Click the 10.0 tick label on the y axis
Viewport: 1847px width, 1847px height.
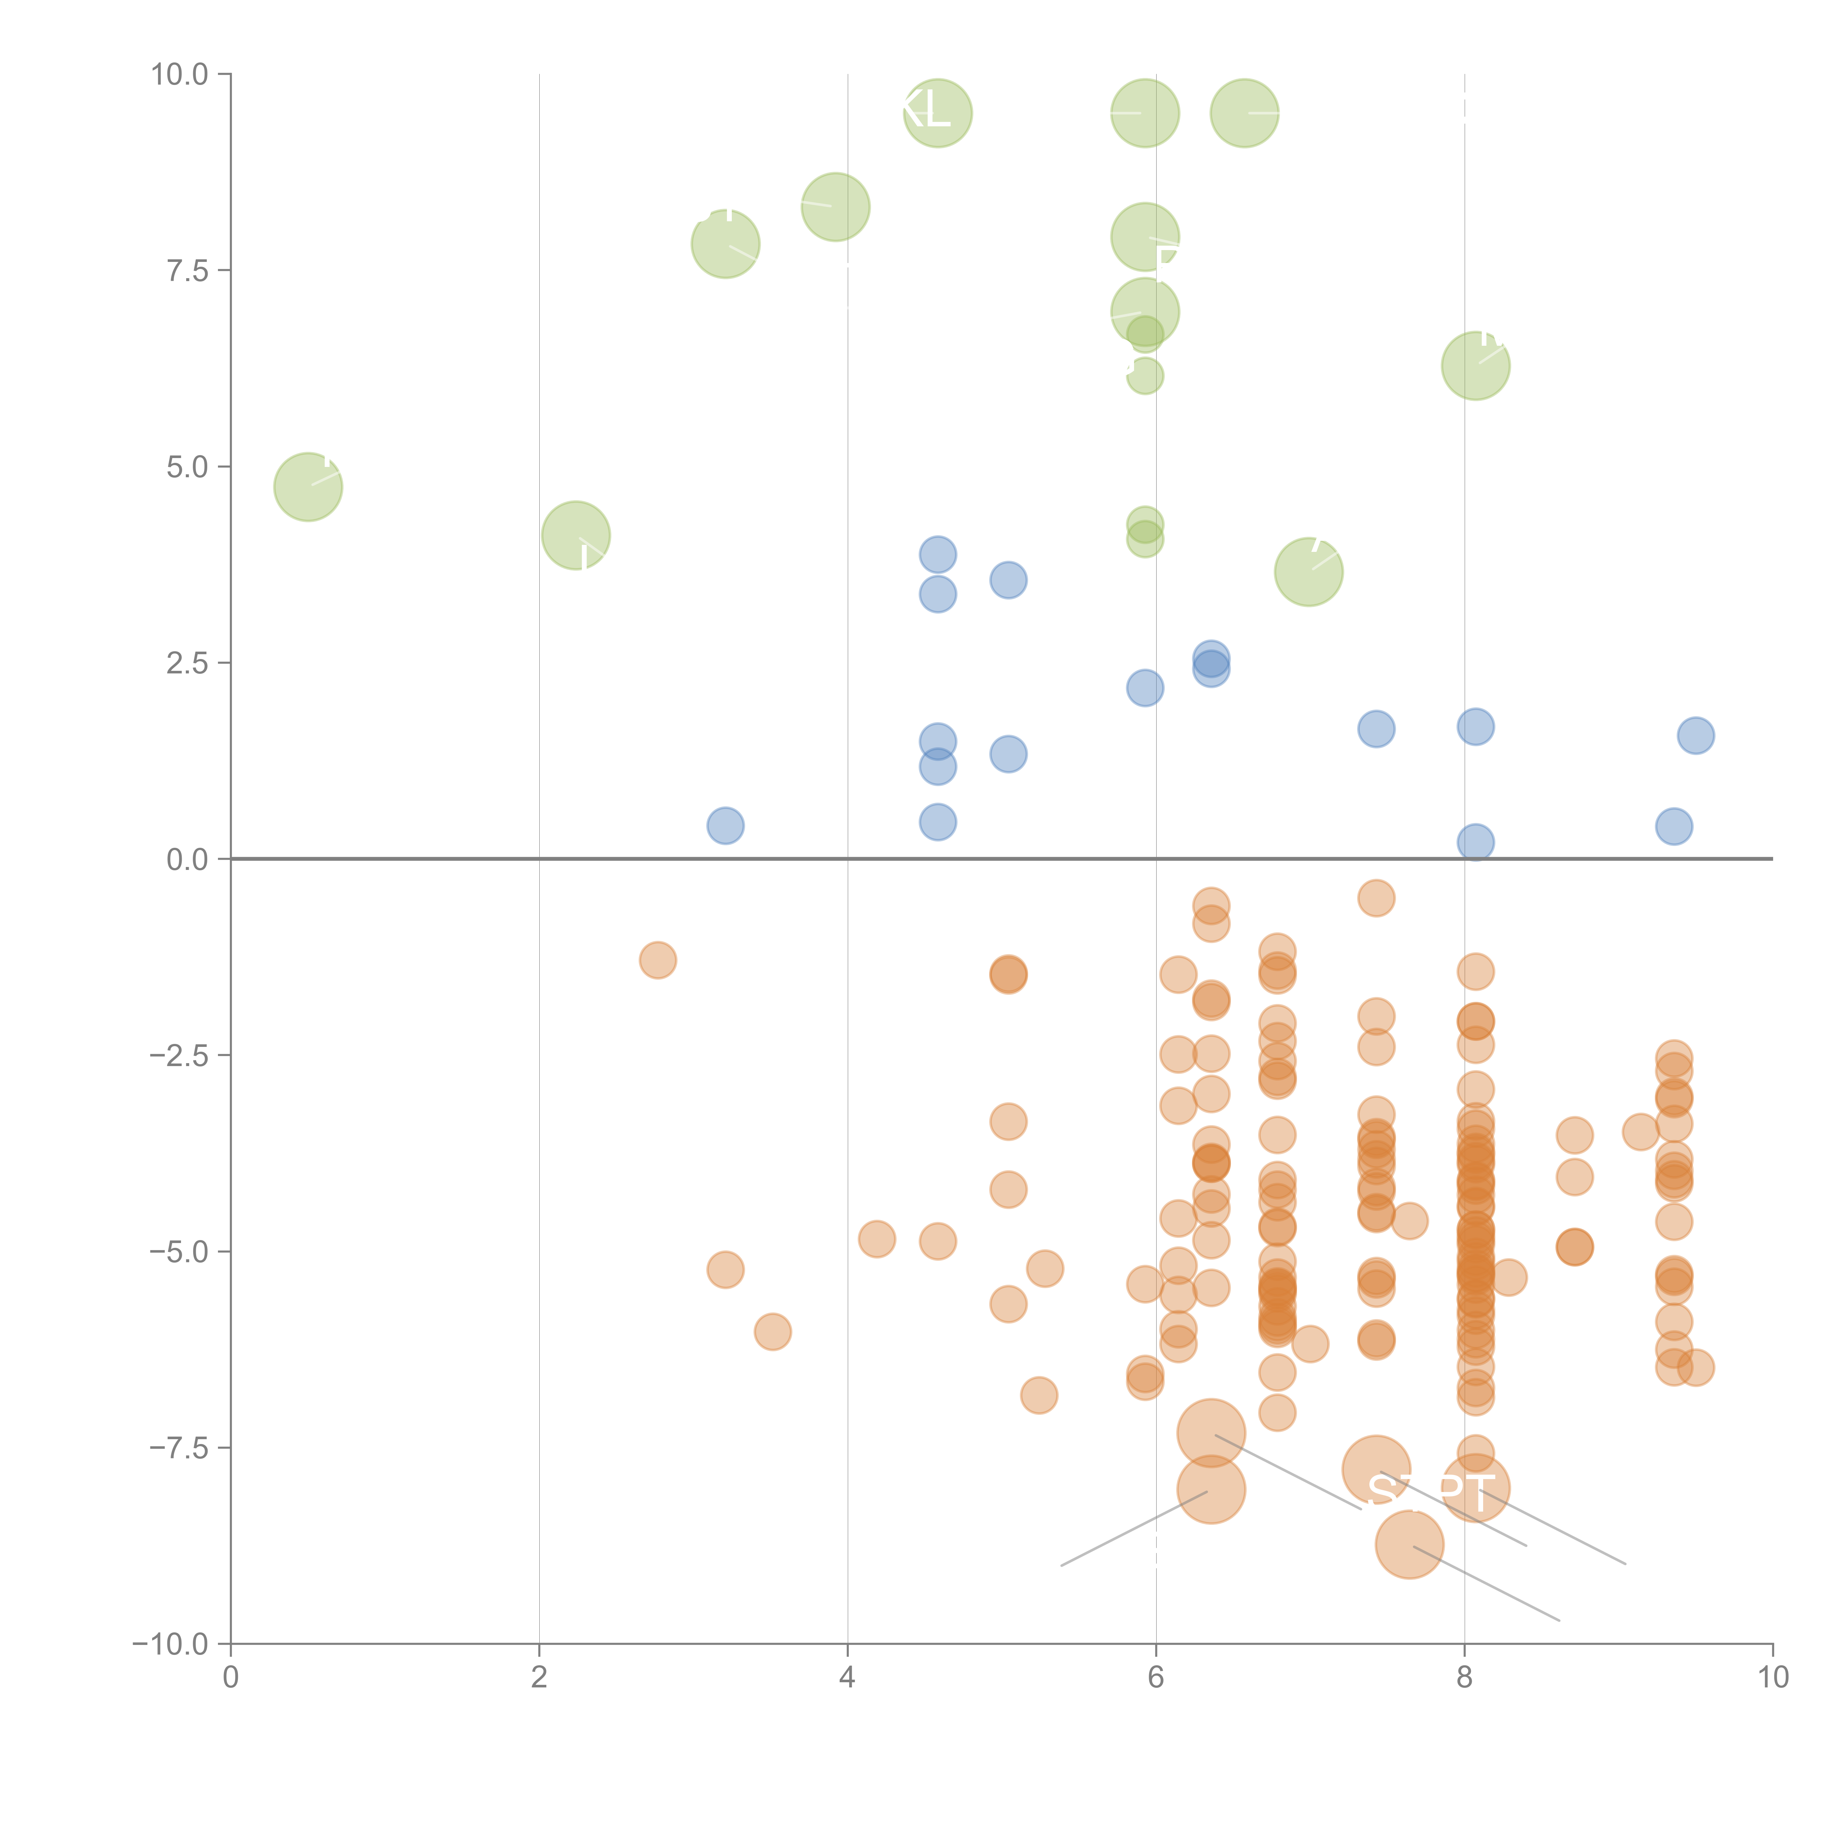coord(180,75)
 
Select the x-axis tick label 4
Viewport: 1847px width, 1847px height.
coord(847,1678)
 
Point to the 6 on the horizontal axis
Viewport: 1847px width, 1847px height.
coord(1156,1678)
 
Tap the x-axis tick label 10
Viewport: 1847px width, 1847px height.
coord(1772,1678)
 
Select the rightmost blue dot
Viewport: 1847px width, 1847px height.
coord(1695,735)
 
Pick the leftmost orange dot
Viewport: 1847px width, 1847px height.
coord(658,960)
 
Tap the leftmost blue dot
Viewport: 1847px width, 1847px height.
coord(726,826)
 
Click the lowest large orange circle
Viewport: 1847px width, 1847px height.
coord(1409,1545)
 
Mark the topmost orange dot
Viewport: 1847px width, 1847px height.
coord(1376,898)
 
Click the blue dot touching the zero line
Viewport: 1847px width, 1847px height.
coord(1475,842)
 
